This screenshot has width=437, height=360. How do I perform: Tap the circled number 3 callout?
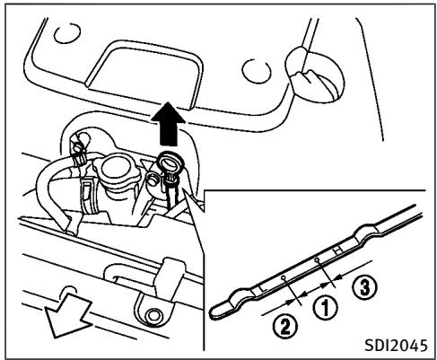tap(356, 288)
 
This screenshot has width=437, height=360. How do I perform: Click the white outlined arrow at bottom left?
tap(49, 320)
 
